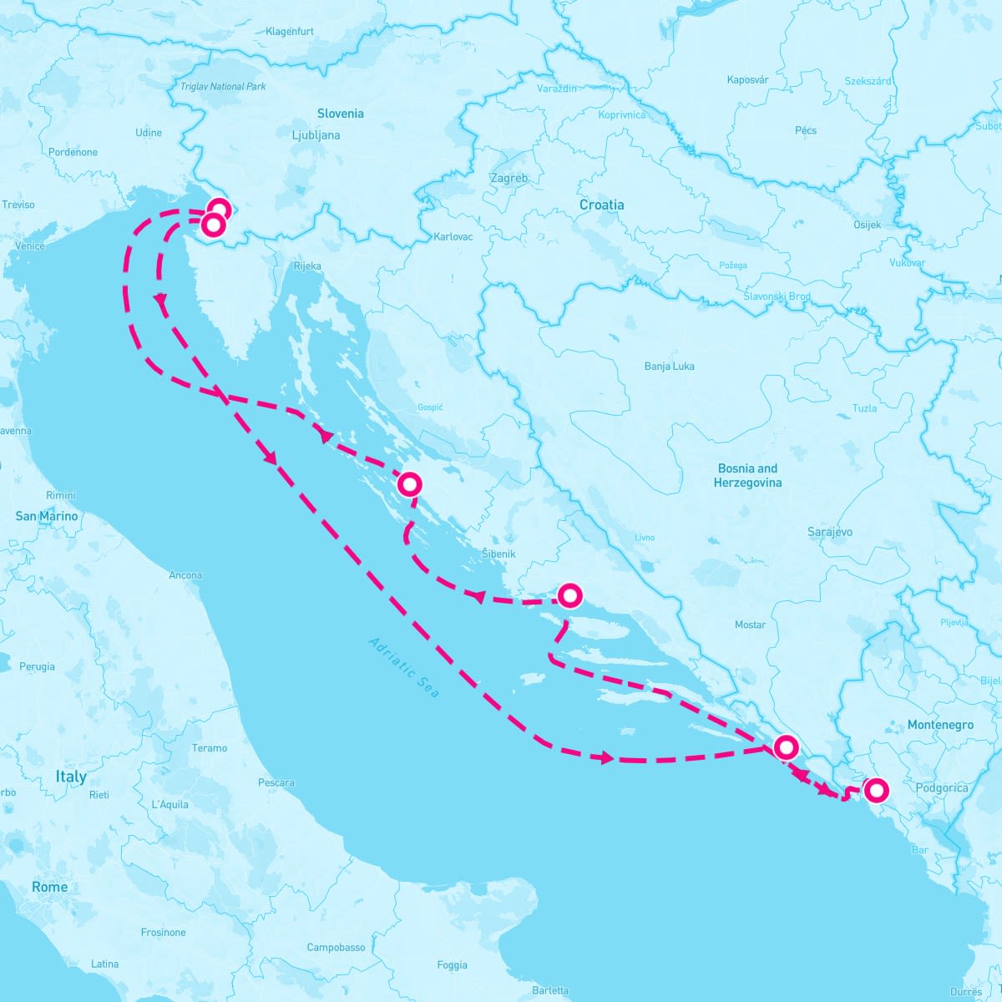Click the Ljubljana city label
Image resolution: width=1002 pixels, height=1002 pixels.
316,135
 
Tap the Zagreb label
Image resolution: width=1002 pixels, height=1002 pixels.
509,179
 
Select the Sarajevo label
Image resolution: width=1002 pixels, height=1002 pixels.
829,532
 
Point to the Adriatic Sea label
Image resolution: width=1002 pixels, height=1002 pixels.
403,667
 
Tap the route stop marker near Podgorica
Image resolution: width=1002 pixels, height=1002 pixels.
876,789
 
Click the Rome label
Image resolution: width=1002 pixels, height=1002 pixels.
49,887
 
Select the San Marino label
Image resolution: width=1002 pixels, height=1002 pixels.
47,516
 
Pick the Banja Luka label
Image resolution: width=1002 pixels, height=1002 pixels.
669,367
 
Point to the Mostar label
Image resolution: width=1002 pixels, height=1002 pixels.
750,625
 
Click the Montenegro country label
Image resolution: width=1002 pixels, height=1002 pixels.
940,725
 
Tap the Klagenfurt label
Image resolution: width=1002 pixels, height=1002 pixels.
289,32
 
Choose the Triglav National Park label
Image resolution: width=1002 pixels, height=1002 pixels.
223,87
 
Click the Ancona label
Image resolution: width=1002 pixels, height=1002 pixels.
185,575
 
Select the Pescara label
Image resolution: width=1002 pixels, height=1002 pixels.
276,783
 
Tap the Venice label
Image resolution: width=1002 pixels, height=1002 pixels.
29,246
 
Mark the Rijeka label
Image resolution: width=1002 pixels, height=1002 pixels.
307,267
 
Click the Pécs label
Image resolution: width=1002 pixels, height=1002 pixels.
806,130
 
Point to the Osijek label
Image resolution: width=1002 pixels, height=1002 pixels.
866,225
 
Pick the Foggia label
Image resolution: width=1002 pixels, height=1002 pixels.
452,965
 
